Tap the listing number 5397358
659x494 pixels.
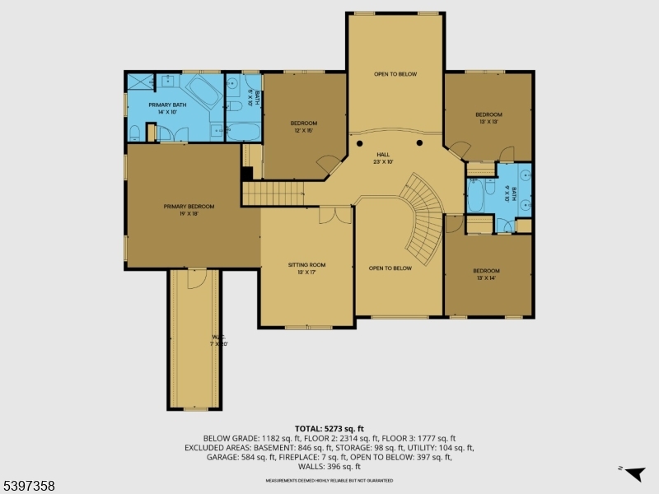click(29, 487)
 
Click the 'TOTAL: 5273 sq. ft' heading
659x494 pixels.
click(329, 428)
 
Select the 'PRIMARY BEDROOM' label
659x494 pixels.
click(189, 207)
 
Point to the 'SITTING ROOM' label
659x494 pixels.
click(306, 265)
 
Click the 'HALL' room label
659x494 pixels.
click(383, 154)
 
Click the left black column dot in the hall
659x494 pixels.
click(360, 143)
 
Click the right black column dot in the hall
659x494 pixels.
click(419, 143)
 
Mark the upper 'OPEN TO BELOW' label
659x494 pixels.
click(395, 74)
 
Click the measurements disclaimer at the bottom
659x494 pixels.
click(329, 480)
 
